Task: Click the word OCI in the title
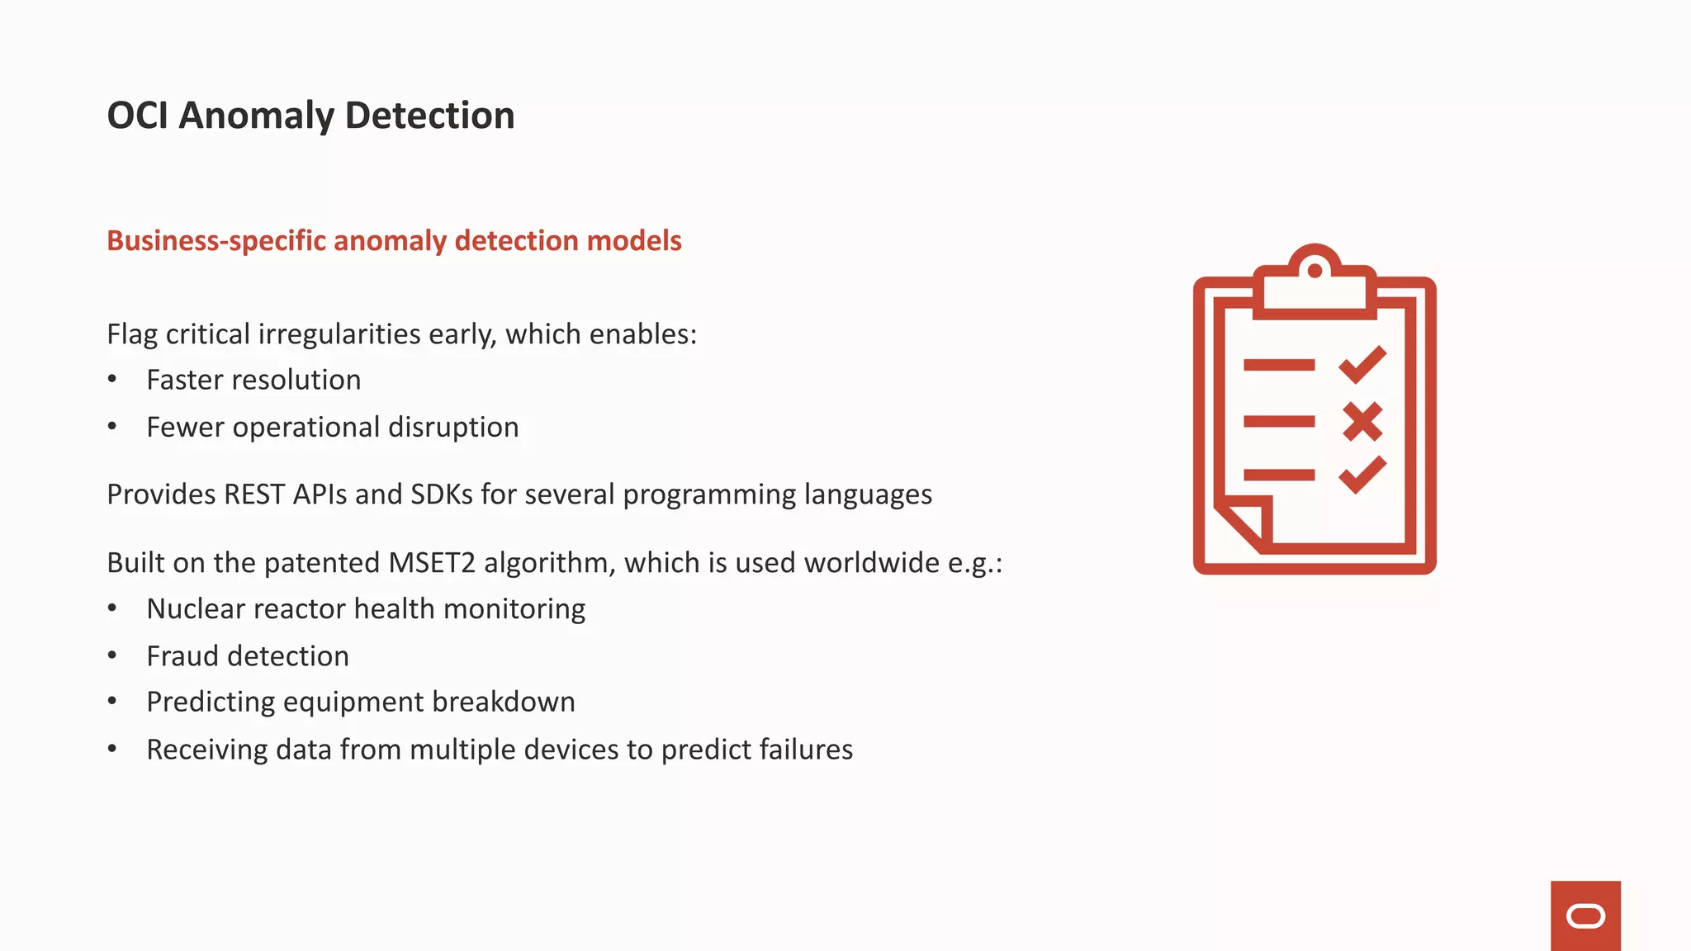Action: pyautogui.click(x=137, y=116)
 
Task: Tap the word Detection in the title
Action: pyautogui.click(x=429, y=116)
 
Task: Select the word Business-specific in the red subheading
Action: pyautogui.click(x=216, y=241)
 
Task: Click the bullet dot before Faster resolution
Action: pyautogui.click(x=112, y=379)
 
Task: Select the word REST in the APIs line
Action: pyautogui.click(x=254, y=494)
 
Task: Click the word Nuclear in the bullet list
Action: pyautogui.click(x=196, y=609)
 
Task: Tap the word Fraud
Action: pyautogui.click(x=182, y=656)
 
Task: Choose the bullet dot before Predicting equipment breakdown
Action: pyautogui.click(x=112, y=702)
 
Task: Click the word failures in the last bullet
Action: pyautogui.click(x=806, y=750)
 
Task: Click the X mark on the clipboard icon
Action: pyautogui.click(x=1362, y=422)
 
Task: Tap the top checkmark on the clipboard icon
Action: pyautogui.click(x=1362, y=364)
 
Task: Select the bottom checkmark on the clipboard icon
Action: pyautogui.click(x=1362, y=475)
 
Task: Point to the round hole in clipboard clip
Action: pyautogui.click(x=1314, y=270)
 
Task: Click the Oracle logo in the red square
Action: pyautogui.click(x=1585, y=916)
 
